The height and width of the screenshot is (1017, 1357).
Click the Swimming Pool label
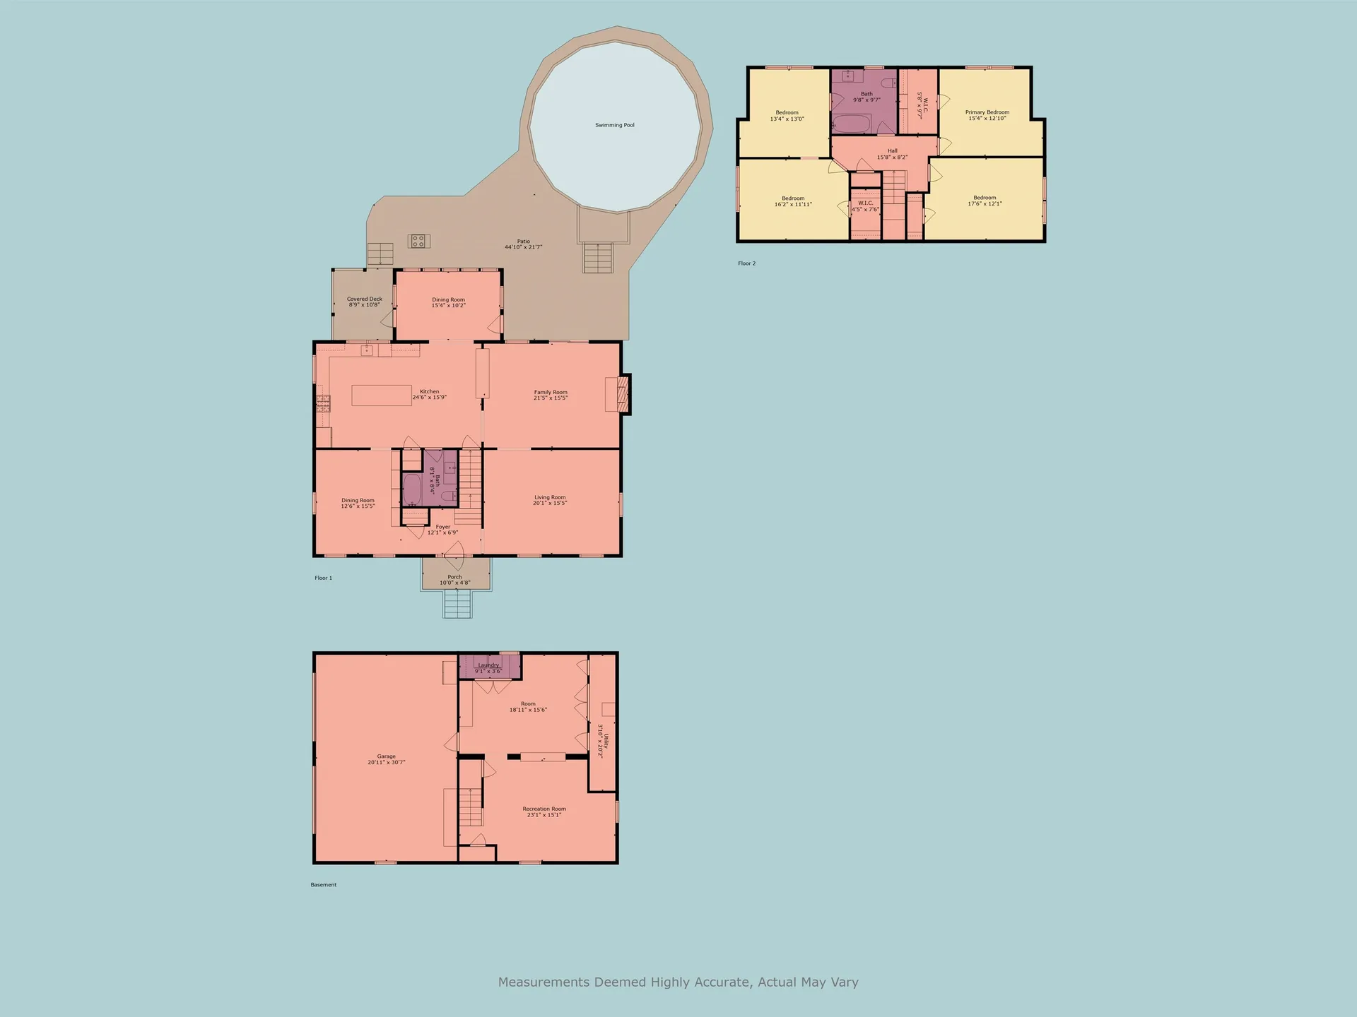[614, 125]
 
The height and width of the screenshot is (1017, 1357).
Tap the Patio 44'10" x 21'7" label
[523, 244]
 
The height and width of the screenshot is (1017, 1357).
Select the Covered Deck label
[364, 302]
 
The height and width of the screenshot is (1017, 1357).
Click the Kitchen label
[429, 394]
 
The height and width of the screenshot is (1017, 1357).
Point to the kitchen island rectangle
[382, 395]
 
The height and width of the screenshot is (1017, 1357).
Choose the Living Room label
[550, 500]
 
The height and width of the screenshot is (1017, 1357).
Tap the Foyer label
[442, 530]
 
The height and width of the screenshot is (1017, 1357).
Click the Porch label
[454, 580]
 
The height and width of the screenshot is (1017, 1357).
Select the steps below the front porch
[457, 604]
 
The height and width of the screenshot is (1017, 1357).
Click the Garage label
[386, 759]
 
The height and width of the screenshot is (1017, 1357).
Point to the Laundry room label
[488, 667]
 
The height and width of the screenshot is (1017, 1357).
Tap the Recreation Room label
[544, 811]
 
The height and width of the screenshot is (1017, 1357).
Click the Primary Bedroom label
[987, 115]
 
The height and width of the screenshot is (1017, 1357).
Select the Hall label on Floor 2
[892, 154]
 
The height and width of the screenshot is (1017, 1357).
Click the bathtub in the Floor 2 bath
[852, 124]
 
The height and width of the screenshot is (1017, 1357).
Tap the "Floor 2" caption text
[746, 263]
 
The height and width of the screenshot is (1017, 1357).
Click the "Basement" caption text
[324, 885]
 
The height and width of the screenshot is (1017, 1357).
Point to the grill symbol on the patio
[418, 242]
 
